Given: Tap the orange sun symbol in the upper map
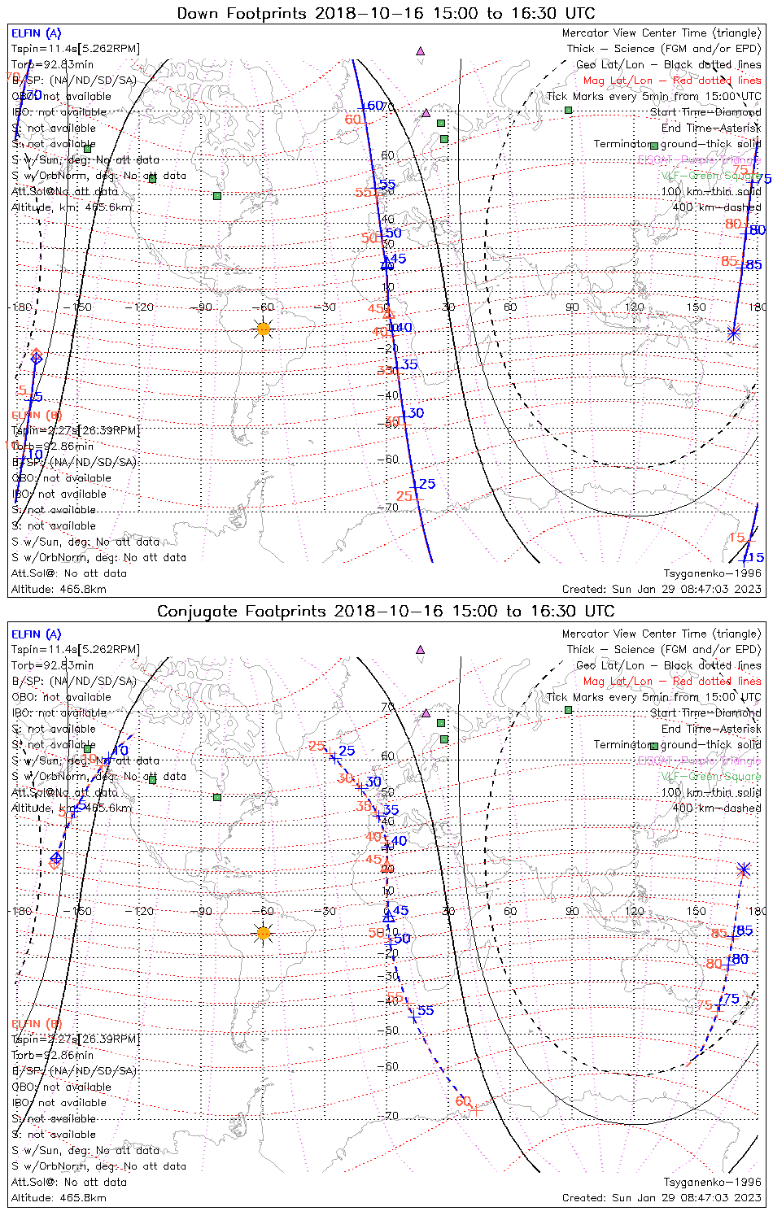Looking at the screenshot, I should [263, 329].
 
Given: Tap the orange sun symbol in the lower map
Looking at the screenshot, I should [263, 932].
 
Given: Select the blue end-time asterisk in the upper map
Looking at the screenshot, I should [733, 332].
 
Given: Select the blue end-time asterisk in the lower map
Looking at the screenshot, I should [744, 869].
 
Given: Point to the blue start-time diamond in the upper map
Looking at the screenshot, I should [36, 356].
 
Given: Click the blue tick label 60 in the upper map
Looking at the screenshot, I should [374, 106].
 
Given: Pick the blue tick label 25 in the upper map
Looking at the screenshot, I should [427, 484].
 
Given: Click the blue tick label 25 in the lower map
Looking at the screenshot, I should [347, 752].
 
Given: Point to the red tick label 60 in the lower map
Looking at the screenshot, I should [463, 1100].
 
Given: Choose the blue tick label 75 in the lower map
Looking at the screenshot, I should [731, 999].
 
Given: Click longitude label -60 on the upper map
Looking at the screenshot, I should [264, 307].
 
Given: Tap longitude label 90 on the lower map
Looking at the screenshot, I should [572, 911].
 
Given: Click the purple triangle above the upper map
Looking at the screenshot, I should [421, 50].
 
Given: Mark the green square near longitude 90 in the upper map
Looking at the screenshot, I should [569, 110].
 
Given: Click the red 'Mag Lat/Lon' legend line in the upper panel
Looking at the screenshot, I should [672, 81].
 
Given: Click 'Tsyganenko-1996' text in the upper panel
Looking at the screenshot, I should [712, 573].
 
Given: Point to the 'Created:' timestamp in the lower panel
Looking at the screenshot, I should [662, 1198].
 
